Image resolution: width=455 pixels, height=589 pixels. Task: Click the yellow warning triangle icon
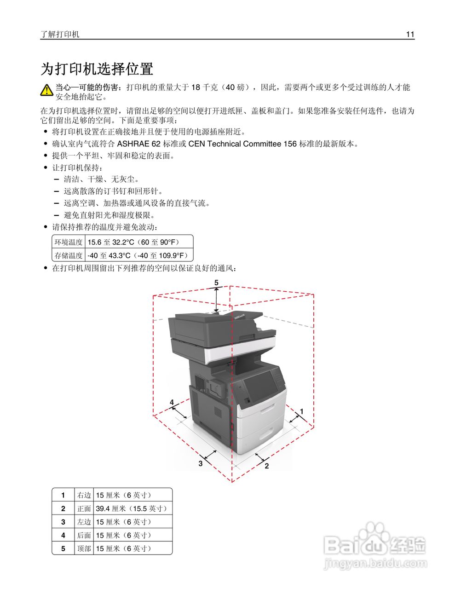[46, 90]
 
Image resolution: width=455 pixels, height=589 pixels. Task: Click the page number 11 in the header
[410, 35]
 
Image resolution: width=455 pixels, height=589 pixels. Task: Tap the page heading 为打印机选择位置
[97, 69]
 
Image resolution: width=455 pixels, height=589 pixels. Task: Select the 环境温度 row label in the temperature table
[69, 242]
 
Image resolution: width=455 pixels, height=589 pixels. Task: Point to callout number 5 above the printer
[216, 283]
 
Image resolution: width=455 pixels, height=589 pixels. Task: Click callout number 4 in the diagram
[172, 402]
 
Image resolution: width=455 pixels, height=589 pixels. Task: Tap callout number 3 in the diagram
[201, 463]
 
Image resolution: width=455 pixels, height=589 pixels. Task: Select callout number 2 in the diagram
[267, 466]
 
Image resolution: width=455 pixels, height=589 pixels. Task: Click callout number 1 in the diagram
[302, 410]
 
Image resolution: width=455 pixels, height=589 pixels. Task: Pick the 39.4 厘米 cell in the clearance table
[132, 508]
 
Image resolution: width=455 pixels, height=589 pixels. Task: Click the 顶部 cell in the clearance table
[84, 549]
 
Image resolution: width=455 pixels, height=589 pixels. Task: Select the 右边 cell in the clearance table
[84, 495]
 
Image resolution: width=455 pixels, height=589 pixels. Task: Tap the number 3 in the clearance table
[63, 522]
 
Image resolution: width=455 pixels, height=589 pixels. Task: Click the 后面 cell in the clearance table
[84, 535]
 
